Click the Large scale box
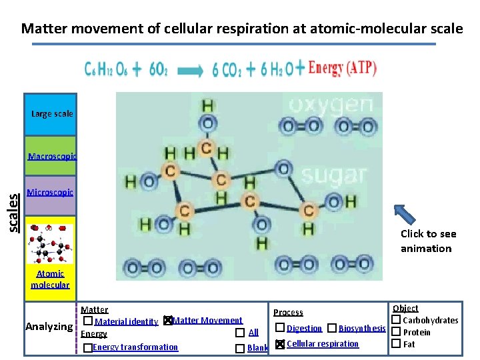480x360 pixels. click(x=51, y=114)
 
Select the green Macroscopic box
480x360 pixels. click(x=51, y=156)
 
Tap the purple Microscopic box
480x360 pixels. click(x=51, y=194)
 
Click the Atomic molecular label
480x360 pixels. click(x=50, y=279)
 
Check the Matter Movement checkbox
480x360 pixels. click(x=168, y=321)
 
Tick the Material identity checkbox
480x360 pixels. click(x=88, y=321)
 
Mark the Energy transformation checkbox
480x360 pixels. click(x=88, y=348)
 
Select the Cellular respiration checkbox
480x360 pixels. click(x=280, y=344)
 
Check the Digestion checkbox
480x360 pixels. click(x=280, y=328)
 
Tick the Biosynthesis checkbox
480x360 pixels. click(x=332, y=328)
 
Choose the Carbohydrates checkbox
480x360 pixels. click(x=395, y=321)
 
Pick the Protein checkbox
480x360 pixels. click(x=395, y=332)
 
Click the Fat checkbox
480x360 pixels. click(x=395, y=344)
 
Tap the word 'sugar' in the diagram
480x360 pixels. click(x=333, y=175)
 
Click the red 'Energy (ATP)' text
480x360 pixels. click(x=343, y=68)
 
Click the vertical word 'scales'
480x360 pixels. click(x=14, y=211)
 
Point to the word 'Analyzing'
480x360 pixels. click(x=49, y=327)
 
